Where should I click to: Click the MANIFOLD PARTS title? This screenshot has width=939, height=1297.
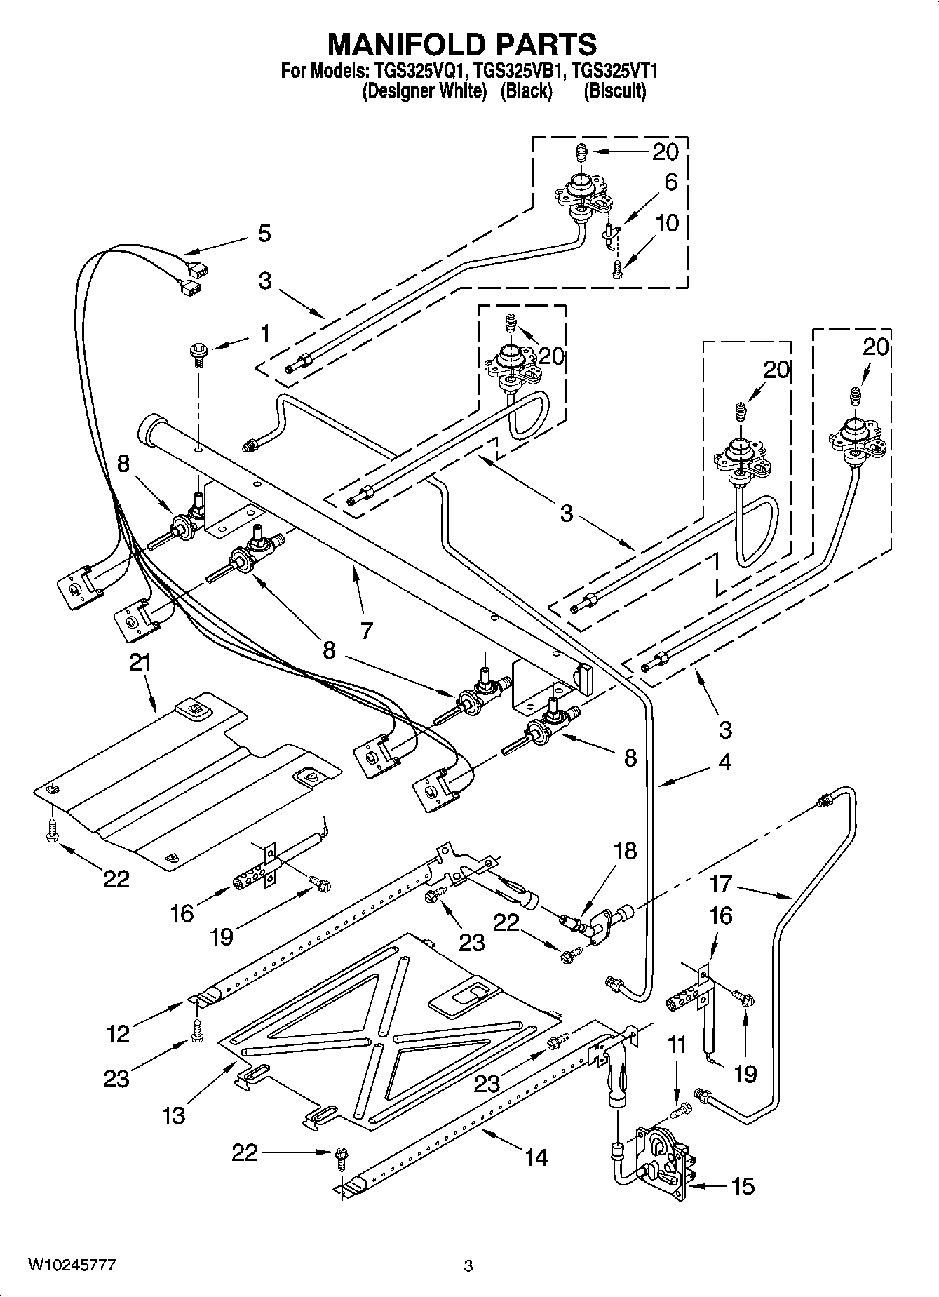click(x=462, y=44)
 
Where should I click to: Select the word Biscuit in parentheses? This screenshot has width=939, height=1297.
click(x=615, y=91)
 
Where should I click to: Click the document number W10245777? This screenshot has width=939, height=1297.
click(x=72, y=1265)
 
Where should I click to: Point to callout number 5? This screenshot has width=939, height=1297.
click(x=264, y=234)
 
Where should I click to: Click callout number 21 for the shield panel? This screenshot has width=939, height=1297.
click(x=140, y=663)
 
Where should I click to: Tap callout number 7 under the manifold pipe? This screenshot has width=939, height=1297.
click(x=366, y=630)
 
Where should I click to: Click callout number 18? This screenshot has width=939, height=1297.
click(x=625, y=851)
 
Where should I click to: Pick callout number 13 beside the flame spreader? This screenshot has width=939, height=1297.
click(x=173, y=1114)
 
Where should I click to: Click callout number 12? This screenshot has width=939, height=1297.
click(x=118, y=1033)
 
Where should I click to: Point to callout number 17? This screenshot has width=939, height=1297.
click(x=720, y=885)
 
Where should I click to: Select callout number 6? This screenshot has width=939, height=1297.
click(x=670, y=182)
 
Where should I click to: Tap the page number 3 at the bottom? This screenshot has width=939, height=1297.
click(x=468, y=1266)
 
